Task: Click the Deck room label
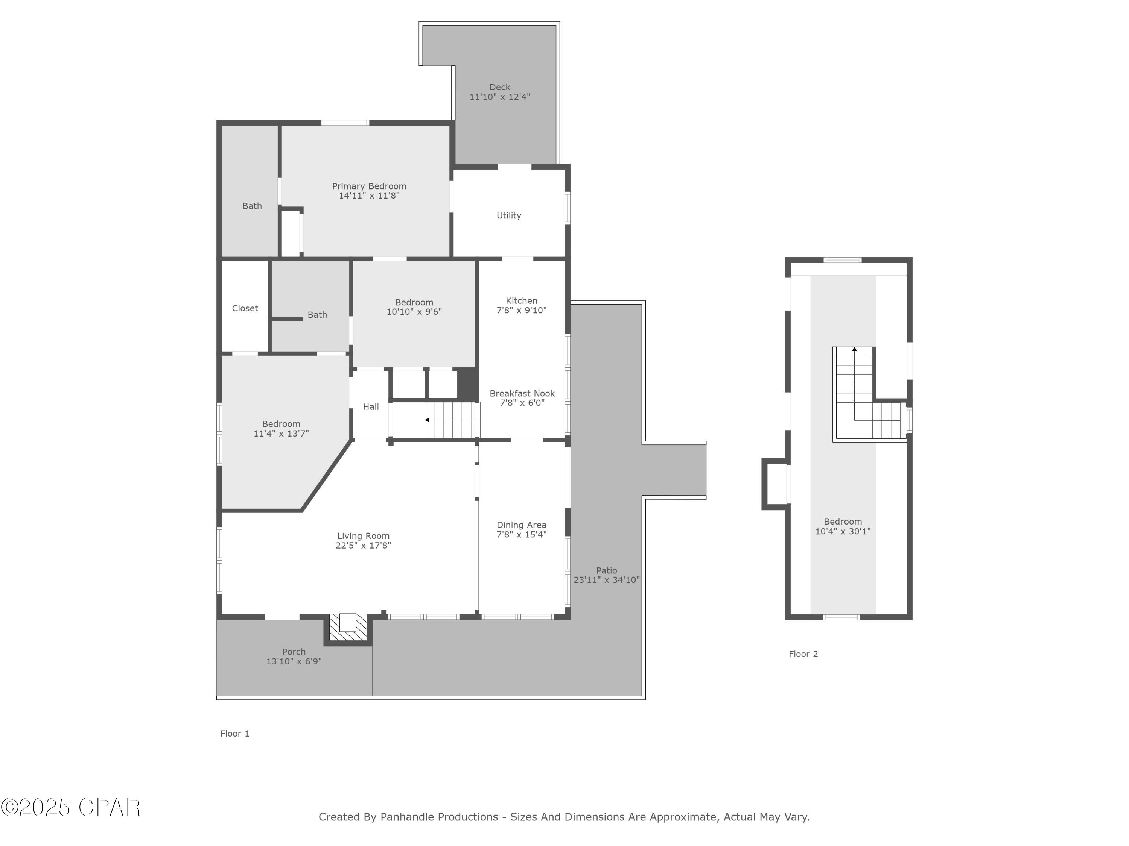coord(500,87)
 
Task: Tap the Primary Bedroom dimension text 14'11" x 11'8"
coord(369,195)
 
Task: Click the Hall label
coord(371,406)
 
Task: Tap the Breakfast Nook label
coord(522,393)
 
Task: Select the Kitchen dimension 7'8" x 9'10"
coord(522,310)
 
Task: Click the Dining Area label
coord(522,525)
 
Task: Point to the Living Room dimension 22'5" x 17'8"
coord(364,545)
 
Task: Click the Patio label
coord(606,571)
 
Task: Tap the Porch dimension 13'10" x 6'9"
coord(294,661)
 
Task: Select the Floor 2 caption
coord(803,654)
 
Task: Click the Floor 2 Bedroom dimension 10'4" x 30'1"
coord(843,531)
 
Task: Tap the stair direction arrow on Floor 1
coord(427,420)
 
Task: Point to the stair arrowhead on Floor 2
coord(854,349)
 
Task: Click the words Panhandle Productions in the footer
coord(439,817)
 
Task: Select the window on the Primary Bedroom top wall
coord(345,122)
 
